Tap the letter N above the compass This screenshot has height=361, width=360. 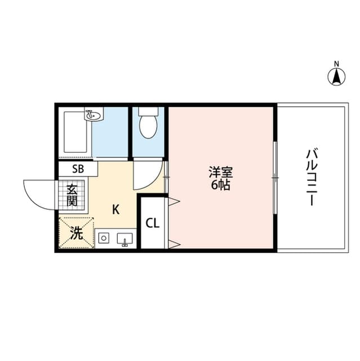click(337, 63)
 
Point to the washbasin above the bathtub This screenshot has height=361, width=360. click(94, 115)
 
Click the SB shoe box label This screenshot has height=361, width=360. click(78, 168)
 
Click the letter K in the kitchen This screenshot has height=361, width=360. click(115, 210)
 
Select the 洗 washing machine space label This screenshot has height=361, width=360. click(75, 232)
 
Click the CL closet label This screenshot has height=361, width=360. click(152, 223)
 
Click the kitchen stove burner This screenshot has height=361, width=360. click(104, 239)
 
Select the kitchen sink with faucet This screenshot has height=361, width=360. click(125, 239)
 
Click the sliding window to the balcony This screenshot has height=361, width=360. click(275, 177)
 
